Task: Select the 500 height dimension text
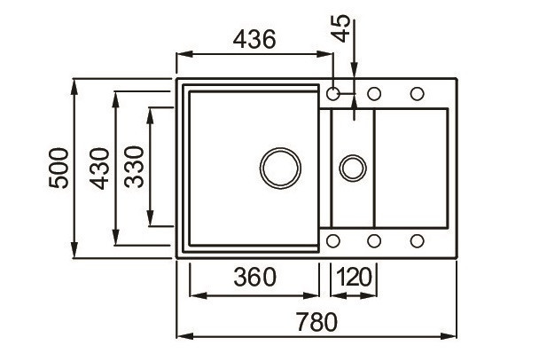59,168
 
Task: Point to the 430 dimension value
98,168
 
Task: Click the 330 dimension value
134,168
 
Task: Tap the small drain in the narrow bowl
353,167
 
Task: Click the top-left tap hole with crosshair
334,93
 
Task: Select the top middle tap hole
374,93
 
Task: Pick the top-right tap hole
416,93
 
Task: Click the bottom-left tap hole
334,240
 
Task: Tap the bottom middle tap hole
374,240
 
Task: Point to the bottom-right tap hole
416,240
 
